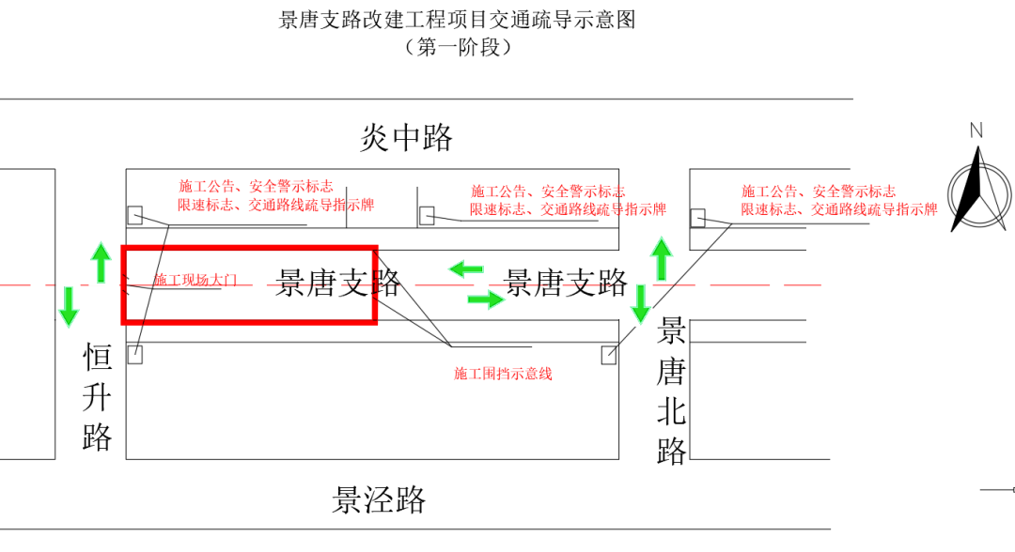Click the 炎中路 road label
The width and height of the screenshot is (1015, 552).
406,138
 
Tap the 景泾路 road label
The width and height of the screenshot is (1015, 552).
379,499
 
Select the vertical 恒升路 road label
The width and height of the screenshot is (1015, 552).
98,397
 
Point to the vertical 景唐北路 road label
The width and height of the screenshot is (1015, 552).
671,391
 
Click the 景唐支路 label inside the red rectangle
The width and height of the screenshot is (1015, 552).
338,283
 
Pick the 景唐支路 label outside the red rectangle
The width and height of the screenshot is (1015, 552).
566,282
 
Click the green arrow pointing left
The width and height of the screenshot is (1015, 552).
466,269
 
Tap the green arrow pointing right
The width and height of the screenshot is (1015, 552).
486,299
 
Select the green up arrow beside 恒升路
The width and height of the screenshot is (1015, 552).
101,261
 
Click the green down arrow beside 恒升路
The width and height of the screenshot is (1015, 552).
69,306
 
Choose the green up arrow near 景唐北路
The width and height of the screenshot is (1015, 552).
662,259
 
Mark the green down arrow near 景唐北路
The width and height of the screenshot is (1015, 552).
641,303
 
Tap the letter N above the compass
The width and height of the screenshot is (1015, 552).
976,130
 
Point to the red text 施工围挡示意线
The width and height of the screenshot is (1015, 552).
503,374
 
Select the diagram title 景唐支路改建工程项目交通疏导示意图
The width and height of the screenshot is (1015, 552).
458,20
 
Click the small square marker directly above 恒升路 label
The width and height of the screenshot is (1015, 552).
135,355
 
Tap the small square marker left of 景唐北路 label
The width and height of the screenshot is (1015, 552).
609,355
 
